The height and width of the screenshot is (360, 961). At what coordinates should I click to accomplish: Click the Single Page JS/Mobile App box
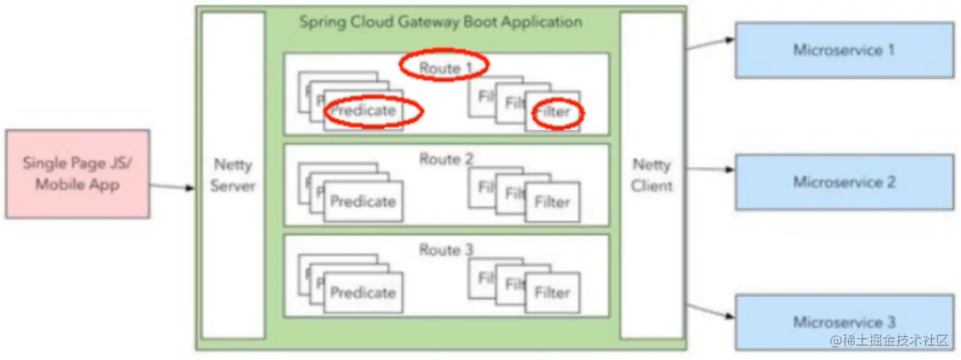pyautogui.click(x=77, y=174)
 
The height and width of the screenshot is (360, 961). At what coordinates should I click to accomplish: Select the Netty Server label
pyautogui.click(x=232, y=175)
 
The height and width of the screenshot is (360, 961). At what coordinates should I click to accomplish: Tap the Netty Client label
pyautogui.click(x=651, y=175)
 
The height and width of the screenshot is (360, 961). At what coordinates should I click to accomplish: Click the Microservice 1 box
pyautogui.click(x=844, y=50)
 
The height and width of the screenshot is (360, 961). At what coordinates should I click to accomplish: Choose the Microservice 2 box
pyautogui.click(x=844, y=182)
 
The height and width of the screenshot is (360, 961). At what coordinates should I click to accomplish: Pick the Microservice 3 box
pyautogui.click(x=844, y=321)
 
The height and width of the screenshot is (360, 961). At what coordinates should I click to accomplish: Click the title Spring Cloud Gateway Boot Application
pyautogui.click(x=440, y=22)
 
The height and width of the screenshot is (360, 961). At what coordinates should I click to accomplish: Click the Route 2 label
pyautogui.click(x=445, y=158)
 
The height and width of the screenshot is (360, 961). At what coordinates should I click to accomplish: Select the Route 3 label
pyautogui.click(x=445, y=250)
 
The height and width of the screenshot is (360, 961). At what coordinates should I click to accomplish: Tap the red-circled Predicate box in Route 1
pyautogui.click(x=363, y=111)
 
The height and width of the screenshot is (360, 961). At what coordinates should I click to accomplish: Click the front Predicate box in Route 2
pyautogui.click(x=363, y=202)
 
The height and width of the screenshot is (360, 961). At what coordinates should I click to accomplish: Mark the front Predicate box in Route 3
pyautogui.click(x=363, y=293)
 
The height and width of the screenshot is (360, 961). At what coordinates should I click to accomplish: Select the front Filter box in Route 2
pyautogui.click(x=552, y=202)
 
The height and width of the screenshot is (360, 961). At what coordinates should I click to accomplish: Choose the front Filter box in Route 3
pyautogui.click(x=552, y=293)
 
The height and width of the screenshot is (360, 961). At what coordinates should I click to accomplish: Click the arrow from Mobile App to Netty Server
pyautogui.click(x=174, y=186)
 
